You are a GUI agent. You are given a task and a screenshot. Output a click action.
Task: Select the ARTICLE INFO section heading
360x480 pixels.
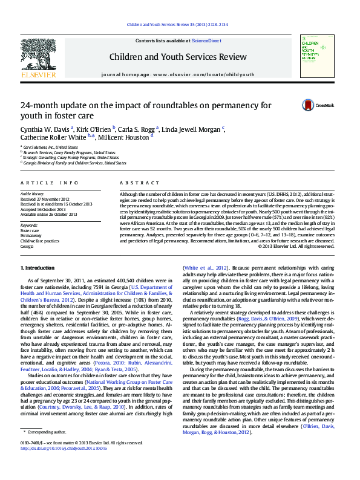tap(50, 182)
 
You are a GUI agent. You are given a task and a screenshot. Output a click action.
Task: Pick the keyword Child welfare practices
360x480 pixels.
tap(40, 241)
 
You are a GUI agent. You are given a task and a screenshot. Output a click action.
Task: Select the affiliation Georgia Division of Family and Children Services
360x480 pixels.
tap(75, 163)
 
